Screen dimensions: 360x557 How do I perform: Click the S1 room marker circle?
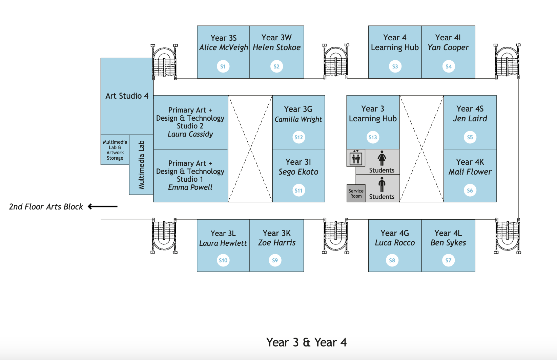point(223,66)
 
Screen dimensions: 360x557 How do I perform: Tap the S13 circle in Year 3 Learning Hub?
point(373,137)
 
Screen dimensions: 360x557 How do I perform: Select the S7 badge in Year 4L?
point(448,260)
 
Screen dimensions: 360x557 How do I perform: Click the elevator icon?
point(356,158)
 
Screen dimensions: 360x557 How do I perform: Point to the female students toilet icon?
point(382,158)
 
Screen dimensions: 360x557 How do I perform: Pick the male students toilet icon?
point(382,185)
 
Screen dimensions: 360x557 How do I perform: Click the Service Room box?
point(356,194)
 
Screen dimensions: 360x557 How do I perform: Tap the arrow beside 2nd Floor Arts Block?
point(103,206)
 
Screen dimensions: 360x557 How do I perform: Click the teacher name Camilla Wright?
point(298,119)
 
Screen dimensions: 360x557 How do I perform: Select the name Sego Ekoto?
point(298,172)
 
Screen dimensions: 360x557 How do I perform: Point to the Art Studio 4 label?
point(127,96)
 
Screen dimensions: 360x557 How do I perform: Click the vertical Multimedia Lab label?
point(141,165)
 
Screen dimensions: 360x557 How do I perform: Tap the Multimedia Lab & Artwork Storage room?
point(115,150)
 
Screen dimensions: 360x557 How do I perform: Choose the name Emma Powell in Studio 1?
point(190,187)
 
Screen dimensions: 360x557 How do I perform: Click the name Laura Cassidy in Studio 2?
point(190,134)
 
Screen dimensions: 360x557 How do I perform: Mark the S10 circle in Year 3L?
point(223,260)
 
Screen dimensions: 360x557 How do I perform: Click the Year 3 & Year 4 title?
point(306,342)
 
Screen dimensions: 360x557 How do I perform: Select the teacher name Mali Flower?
point(470,172)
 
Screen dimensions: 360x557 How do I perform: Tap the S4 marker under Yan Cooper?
point(449,66)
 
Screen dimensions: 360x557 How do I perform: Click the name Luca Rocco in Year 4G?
point(395,243)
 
